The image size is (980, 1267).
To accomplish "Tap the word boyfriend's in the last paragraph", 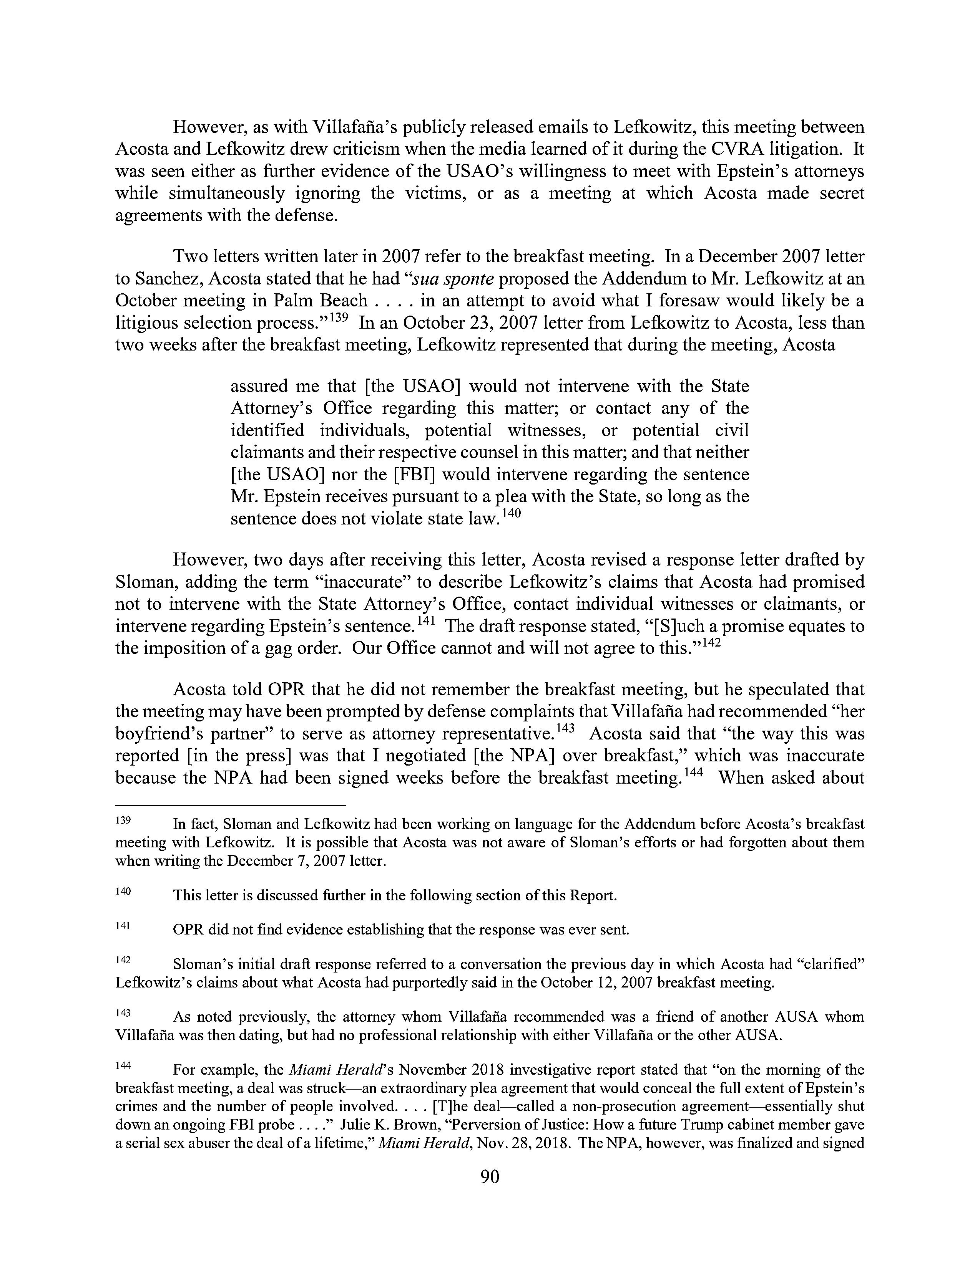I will [153, 734].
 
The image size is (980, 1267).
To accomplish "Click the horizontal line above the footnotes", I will [231, 805].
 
